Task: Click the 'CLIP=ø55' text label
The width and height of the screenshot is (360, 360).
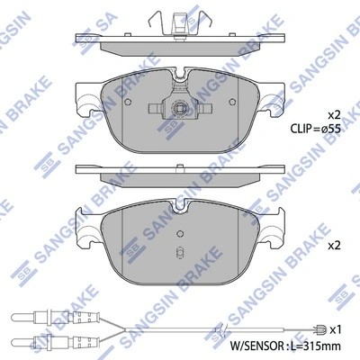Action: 315,129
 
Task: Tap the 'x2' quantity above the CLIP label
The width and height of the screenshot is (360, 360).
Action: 332,115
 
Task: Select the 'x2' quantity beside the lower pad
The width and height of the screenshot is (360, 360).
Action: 332,245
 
